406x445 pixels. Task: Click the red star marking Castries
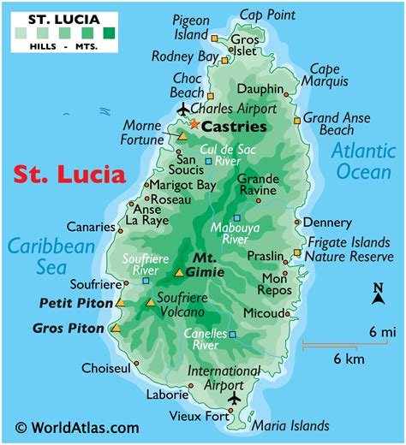pyautogui.click(x=194, y=125)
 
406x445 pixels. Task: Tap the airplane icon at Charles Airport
pyautogui.click(x=182, y=109)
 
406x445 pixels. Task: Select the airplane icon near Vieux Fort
pyautogui.click(x=235, y=399)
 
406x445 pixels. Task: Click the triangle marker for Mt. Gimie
pyautogui.click(x=179, y=273)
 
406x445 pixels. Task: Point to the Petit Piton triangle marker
pyautogui.click(x=121, y=303)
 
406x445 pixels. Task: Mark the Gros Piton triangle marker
pyautogui.click(x=116, y=328)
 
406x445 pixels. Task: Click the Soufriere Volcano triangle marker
pyautogui.click(x=151, y=303)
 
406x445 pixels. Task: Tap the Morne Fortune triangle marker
pyautogui.click(x=182, y=136)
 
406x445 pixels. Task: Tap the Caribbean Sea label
pyautogui.click(x=51, y=257)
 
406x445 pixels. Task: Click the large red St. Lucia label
pyautogui.click(x=69, y=175)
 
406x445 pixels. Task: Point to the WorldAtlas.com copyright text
pyautogui.click(x=77, y=427)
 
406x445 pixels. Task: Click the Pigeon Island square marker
pyautogui.click(x=214, y=37)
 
